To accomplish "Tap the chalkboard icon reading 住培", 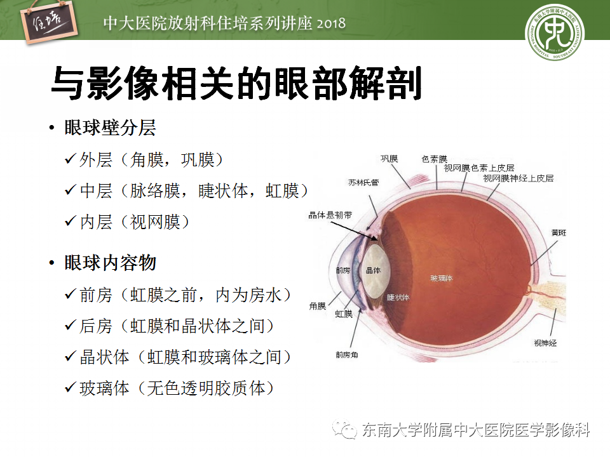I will pos(46,25).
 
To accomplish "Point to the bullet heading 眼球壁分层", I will pos(110,128).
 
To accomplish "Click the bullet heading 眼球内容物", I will pos(110,263).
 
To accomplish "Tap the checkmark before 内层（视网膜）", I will pos(71,222).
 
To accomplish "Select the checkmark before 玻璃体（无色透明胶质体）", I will pos(71,388).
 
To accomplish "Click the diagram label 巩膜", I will pos(389,159).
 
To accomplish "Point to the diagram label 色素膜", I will pos(435,159).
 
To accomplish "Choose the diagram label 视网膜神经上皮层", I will pos(518,178).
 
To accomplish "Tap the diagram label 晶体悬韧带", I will pos(327,215).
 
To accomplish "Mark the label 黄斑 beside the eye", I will pos(559,233).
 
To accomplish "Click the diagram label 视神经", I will pos(545,343).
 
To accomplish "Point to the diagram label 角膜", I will pos(318,305).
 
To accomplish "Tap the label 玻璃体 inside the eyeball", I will pos(441,279).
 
